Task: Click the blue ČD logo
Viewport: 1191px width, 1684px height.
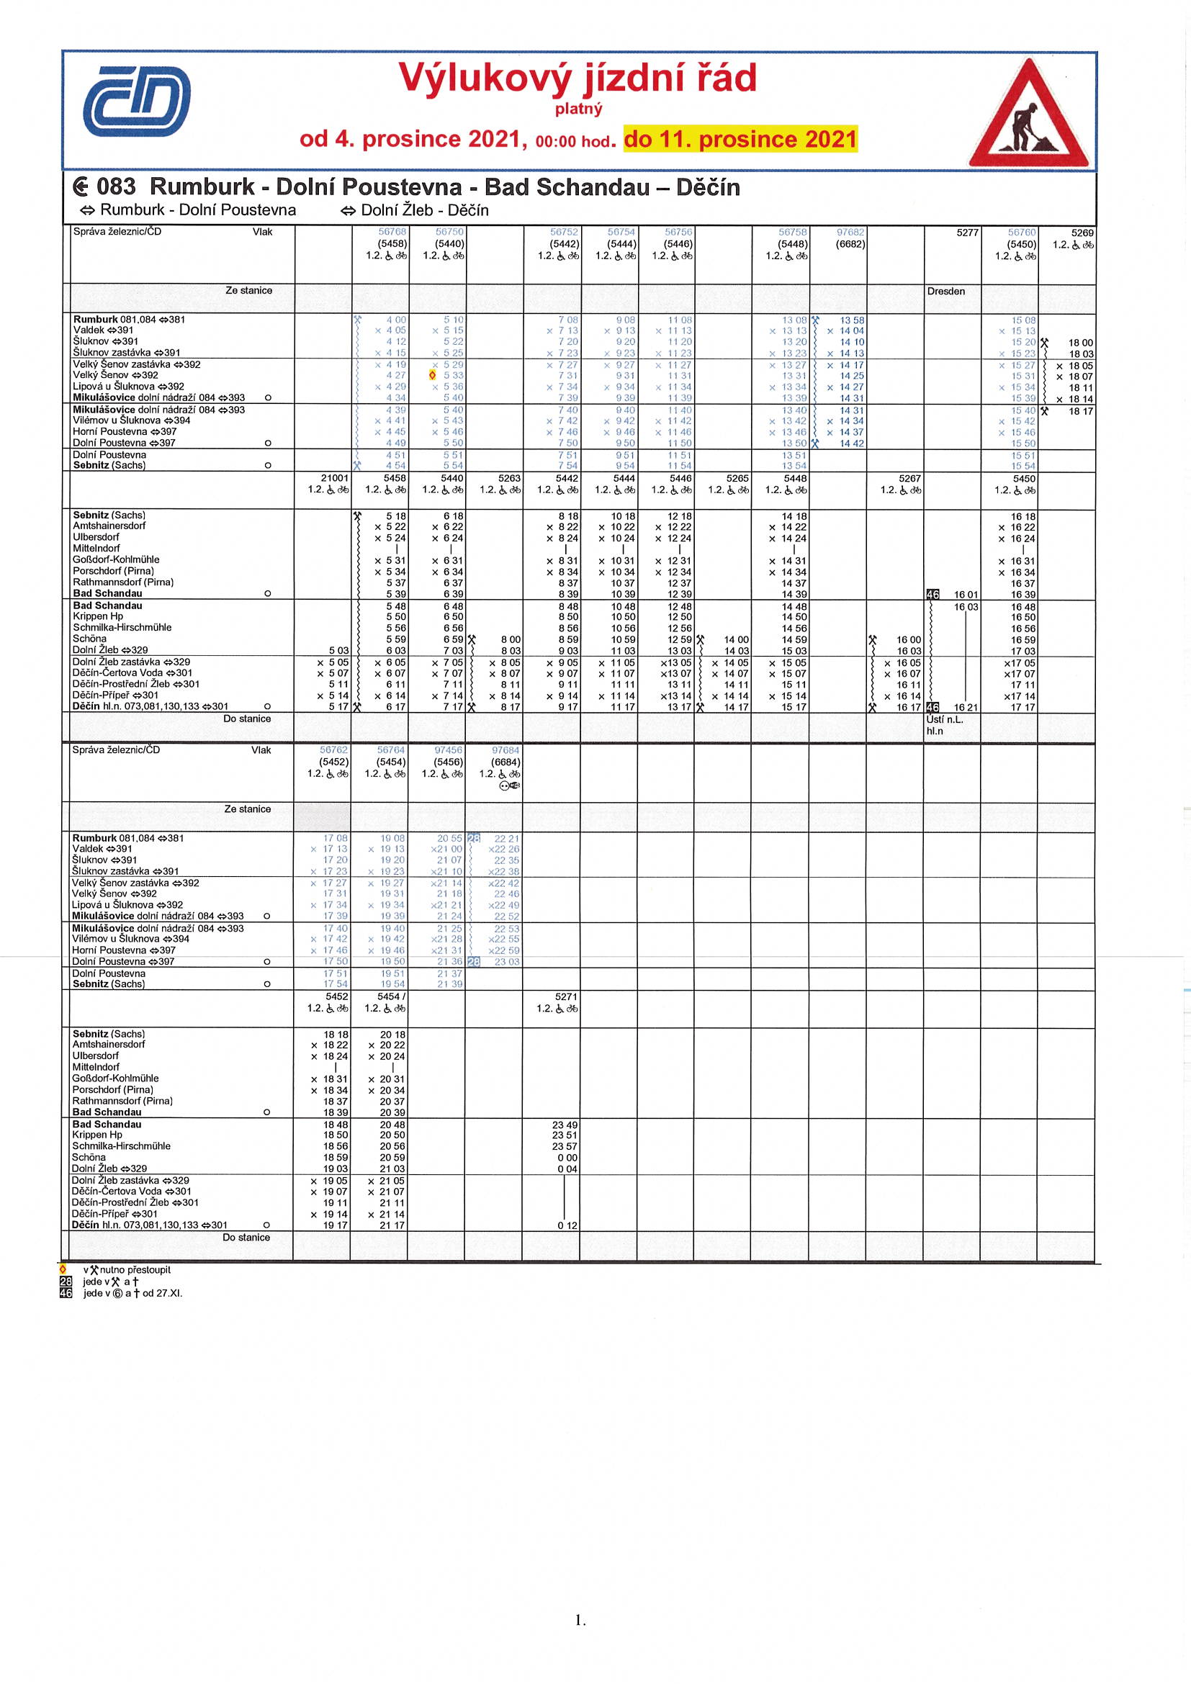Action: [x=136, y=102]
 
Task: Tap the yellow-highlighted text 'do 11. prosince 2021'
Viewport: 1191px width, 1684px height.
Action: [x=740, y=140]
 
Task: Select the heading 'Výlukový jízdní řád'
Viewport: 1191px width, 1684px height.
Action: [x=577, y=78]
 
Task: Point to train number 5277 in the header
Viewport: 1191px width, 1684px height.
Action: [x=966, y=233]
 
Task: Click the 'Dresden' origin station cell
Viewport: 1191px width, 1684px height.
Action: [x=945, y=291]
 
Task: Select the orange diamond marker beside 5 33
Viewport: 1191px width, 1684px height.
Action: [x=433, y=376]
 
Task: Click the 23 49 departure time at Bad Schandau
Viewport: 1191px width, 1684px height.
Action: [x=565, y=1125]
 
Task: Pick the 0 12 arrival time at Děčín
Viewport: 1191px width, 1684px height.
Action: [x=567, y=1225]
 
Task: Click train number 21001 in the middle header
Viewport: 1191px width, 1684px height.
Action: [x=334, y=478]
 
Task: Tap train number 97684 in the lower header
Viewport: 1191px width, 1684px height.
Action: [x=505, y=750]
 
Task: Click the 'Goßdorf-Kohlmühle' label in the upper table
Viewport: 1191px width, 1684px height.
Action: [x=116, y=559]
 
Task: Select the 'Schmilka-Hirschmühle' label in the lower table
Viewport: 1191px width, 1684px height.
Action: [x=122, y=1145]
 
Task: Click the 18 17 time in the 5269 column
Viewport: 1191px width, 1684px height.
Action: [x=1080, y=412]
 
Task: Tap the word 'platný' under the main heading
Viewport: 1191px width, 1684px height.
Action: [x=579, y=109]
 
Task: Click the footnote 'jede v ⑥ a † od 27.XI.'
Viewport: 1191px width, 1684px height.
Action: [x=132, y=1293]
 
